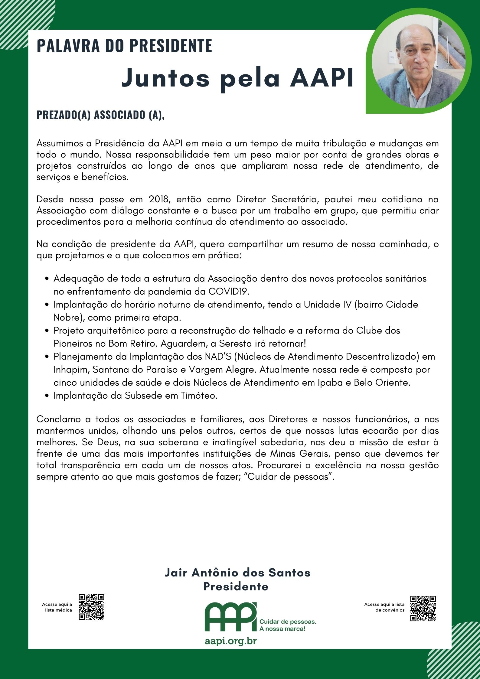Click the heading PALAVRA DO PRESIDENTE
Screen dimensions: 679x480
coord(124,46)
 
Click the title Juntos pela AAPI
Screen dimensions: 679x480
coord(237,78)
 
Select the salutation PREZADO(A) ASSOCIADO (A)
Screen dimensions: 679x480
coord(100,115)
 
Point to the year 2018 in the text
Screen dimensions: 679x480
coord(158,200)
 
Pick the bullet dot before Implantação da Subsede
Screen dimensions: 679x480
coord(47,396)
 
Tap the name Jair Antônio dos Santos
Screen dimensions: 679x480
coord(237,573)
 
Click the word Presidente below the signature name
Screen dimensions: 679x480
coord(236,587)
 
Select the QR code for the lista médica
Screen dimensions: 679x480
coord(92,607)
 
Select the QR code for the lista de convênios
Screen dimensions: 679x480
coord(423,608)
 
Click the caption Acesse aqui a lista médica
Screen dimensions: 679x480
coord(57,607)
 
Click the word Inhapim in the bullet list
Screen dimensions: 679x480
coord(71,370)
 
